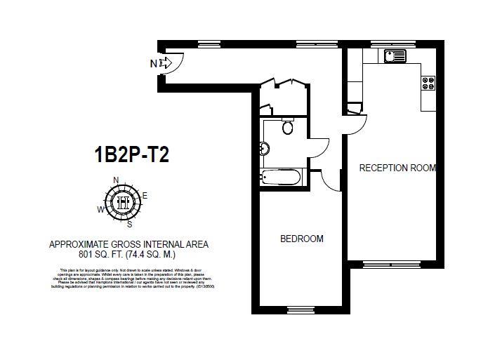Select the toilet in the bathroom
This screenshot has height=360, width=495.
(x=286, y=126)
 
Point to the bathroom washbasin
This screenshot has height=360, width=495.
(x=264, y=148)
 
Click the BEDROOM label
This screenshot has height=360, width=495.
(x=302, y=239)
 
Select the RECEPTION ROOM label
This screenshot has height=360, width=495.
(x=397, y=168)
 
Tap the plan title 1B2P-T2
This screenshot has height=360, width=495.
(x=132, y=154)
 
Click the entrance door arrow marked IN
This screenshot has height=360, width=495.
(x=166, y=64)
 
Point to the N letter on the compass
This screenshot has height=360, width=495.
(x=116, y=179)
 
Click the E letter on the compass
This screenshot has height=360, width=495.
(x=145, y=195)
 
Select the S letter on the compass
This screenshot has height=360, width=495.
(x=129, y=224)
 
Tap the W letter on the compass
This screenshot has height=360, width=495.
(x=101, y=209)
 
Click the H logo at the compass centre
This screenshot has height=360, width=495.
(x=123, y=201)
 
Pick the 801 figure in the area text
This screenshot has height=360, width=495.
(x=88, y=254)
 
